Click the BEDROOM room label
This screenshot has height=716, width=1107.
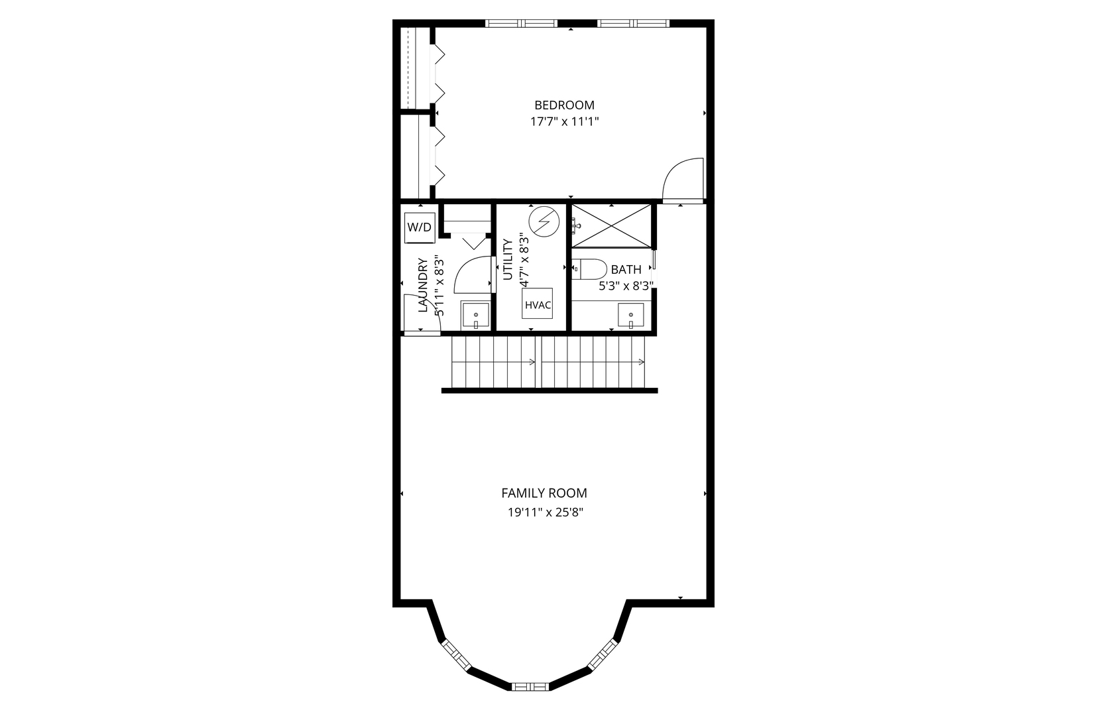pyautogui.click(x=564, y=105)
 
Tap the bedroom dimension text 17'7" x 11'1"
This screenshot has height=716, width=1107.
pyautogui.click(x=564, y=121)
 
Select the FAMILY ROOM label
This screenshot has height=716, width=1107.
pyautogui.click(x=544, y=493)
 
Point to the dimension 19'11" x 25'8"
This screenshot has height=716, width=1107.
pyautogui.click(x=546, y=512)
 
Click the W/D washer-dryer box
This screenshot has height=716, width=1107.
pyautogui.click(x=420, y=227)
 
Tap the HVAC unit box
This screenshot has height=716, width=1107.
pyautogui.click(x=537, y=304)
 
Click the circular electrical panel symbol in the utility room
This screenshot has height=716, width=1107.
pyautogui.click(x=544, y=222)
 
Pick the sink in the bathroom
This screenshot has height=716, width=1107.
pyautogui.click(x=630, y=316)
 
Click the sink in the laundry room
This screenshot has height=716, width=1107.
pyautogui.click(x=475, y=316)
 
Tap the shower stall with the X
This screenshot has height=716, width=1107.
pyautogui.click(x=611, y=226)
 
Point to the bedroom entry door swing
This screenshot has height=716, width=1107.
pyautogui.click(x=683, y=180)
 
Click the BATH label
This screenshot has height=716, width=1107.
pyautogui.click(x=626, y=270)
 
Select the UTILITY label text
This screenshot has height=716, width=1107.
pyautogui.click(x=508, y=259)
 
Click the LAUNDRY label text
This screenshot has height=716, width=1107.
pyautogui.click(x=422, y=285)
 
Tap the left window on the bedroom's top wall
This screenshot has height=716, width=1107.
pyautogui.click(x=521, y=23)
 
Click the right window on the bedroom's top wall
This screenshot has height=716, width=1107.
pyautogui.click(x=633, y=23)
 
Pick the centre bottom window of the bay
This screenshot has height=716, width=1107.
pyautogui.click(x=530, y=686)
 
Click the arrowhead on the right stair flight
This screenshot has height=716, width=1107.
pyautogui.click(x=642, y=362)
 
